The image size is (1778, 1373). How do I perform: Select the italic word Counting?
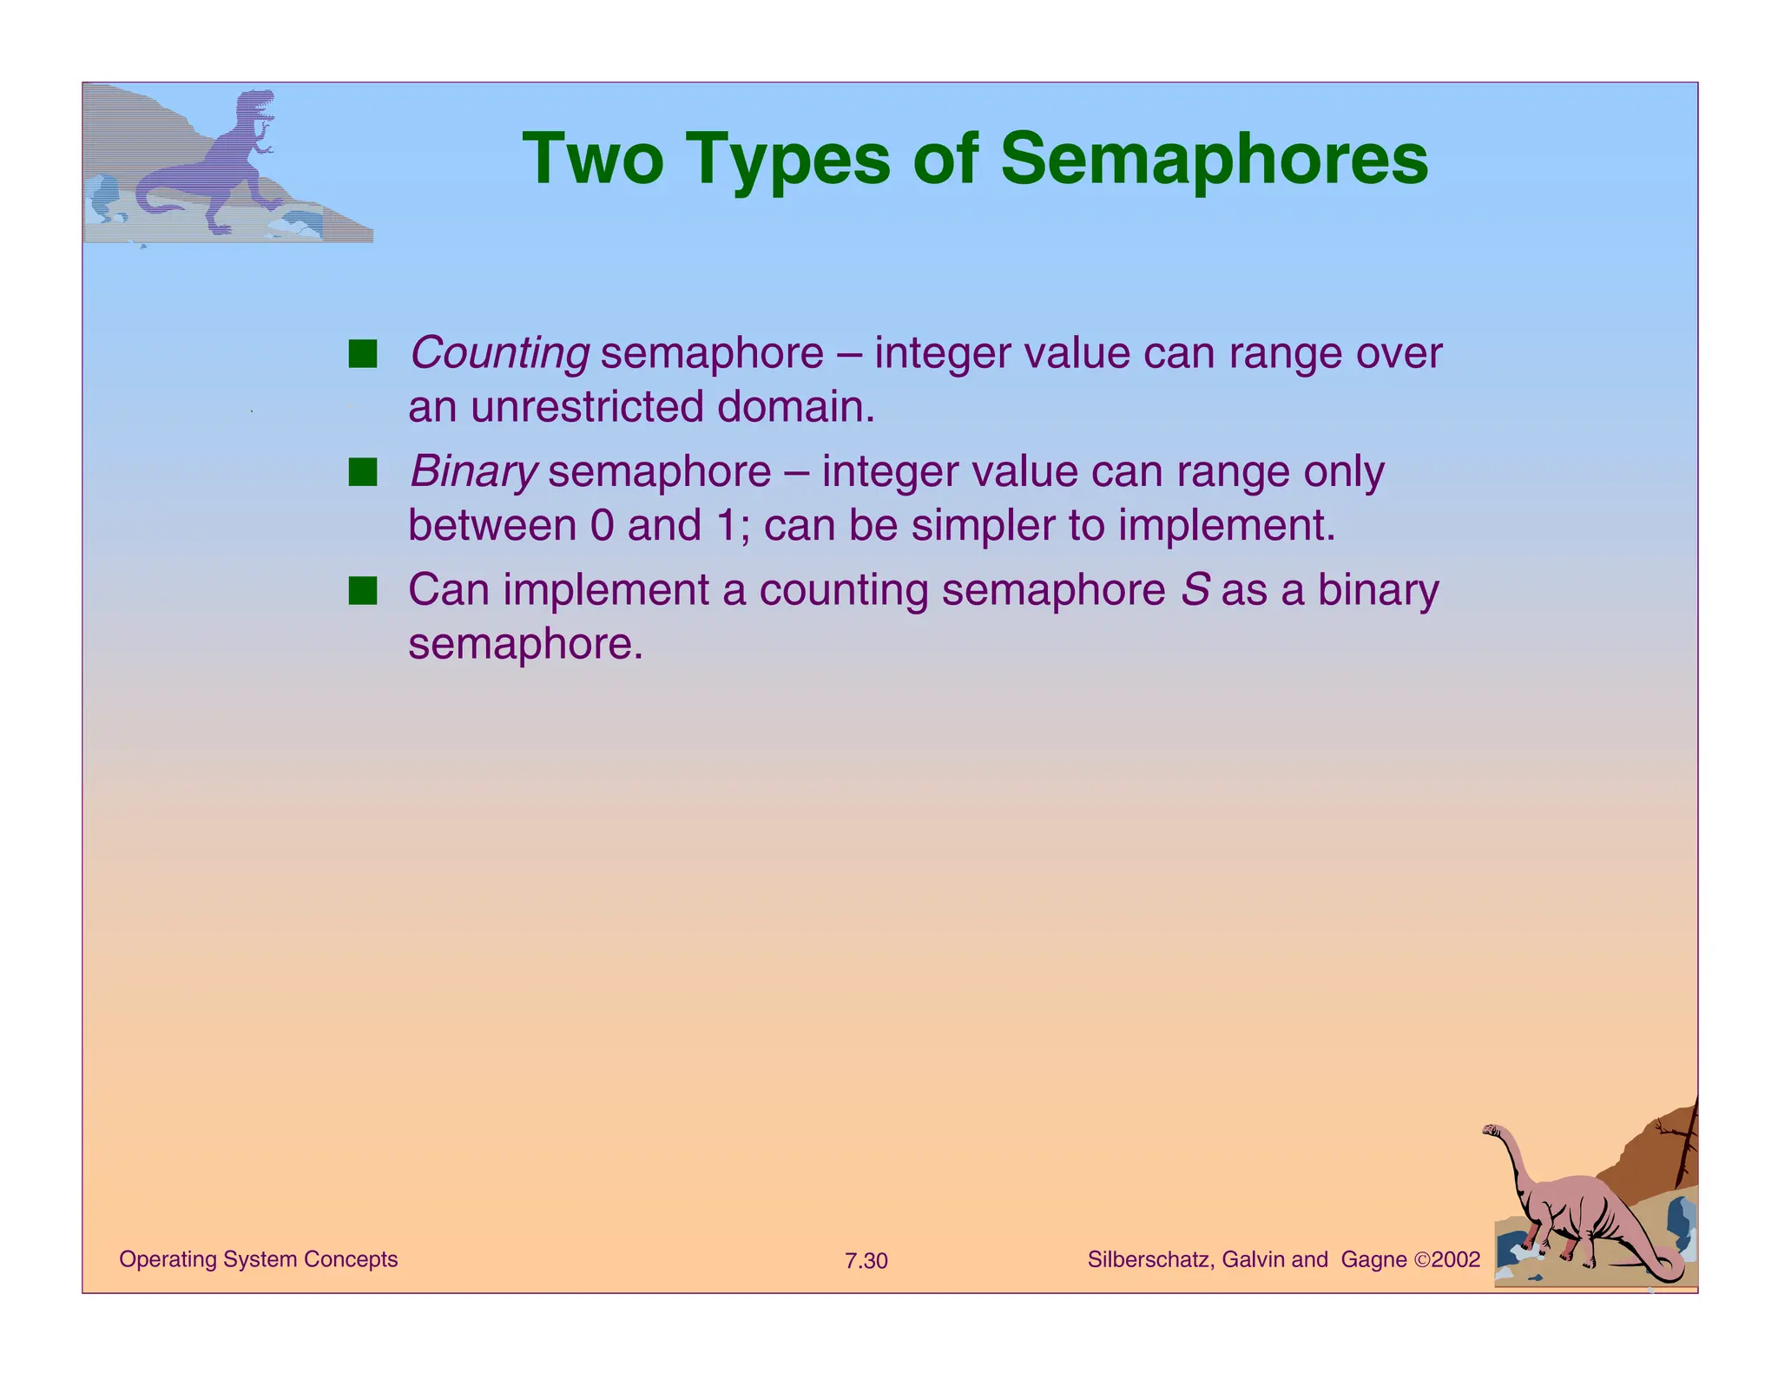499,353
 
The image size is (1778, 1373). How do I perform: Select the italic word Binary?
473,472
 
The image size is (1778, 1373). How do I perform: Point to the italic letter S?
1195,590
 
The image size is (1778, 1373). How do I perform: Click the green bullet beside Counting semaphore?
362,354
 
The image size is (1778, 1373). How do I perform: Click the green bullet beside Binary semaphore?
362,473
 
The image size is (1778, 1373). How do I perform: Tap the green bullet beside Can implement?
362,591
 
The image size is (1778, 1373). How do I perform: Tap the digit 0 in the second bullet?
602,526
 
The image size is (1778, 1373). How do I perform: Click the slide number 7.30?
866,1261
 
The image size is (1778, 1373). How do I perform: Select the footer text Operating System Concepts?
258,1259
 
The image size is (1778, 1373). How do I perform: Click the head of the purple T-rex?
258,102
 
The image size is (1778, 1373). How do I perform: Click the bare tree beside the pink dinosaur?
1686,1146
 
